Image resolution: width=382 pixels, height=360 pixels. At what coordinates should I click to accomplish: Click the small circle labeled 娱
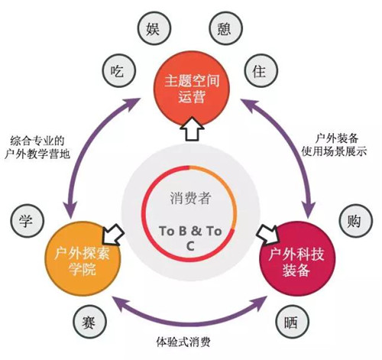(153, 28)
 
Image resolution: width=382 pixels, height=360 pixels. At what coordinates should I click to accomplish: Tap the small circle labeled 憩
(225, 28)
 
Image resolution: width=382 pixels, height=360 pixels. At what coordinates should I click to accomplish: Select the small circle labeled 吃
(118, 70)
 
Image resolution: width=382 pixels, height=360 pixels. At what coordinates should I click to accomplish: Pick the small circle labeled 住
(261, 70)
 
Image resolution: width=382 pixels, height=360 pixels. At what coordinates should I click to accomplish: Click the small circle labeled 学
(27, 221)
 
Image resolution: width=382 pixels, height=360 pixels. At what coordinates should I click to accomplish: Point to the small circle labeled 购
(356, 220)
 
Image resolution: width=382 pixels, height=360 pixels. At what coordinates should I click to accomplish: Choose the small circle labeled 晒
(293, 322)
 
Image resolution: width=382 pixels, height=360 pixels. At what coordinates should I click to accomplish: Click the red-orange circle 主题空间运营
(192, 89)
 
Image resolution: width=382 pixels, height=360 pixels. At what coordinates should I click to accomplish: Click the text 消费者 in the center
(191, 198)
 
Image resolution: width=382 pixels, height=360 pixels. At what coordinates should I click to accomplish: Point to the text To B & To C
(190, 238)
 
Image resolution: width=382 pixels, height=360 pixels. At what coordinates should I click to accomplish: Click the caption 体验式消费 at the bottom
(183, 342)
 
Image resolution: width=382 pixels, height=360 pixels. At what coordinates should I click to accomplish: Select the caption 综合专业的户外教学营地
(37, 148)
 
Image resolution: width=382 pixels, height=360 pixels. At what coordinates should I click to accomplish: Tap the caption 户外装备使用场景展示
(334, 145)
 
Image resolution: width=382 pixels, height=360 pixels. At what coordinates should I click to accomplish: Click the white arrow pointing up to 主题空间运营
(192, 128)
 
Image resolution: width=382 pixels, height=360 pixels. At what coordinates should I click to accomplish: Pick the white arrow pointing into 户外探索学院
(113, 235)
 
